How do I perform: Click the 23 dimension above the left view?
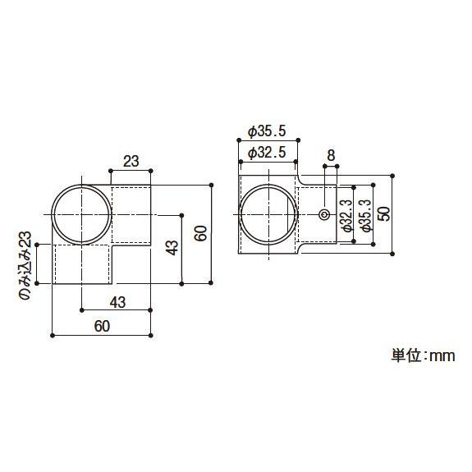coord(131,162)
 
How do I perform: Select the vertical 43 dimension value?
coord(171,247)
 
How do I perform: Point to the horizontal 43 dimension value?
coord(117,302)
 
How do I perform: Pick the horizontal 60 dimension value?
coord(102,327)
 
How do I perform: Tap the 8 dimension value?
coord(331,154)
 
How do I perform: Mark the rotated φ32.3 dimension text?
coord(347,216)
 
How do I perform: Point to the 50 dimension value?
coord(385,215)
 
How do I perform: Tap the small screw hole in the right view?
coord(324,215)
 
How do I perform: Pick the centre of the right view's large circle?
coord(268,215)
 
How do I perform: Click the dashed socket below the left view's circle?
coord(82,264)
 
